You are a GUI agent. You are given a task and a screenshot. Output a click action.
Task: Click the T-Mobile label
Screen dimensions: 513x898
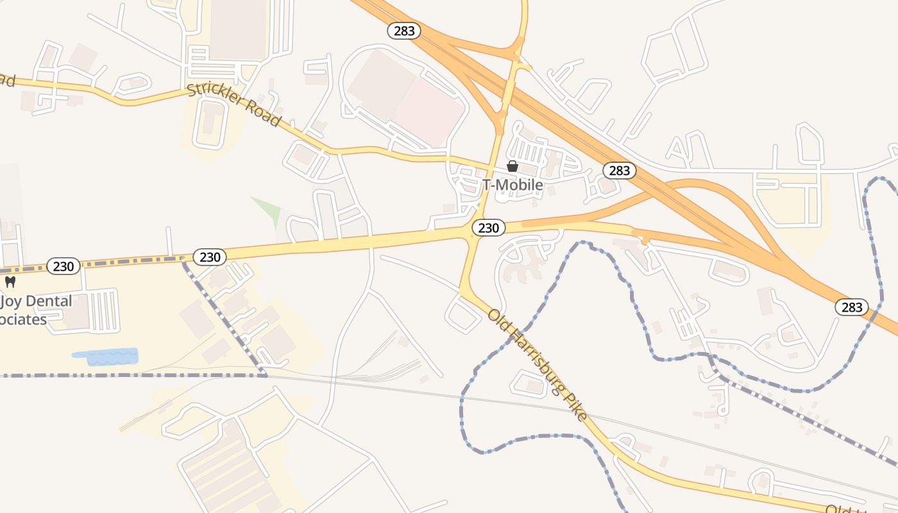[x=513, y=185]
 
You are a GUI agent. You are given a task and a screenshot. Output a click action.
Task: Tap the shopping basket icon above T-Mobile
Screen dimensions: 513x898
[x=513, y=167]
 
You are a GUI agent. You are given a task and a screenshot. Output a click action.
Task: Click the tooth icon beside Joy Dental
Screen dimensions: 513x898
[x=10, y=282]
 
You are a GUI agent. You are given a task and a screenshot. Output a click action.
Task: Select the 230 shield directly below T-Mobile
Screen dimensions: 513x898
[x=488, y=228]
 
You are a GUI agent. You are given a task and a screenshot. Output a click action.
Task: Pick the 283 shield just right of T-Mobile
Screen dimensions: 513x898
[x=619, y=171]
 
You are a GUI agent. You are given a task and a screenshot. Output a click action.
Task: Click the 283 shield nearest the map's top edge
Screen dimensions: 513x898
[x=403, y=30]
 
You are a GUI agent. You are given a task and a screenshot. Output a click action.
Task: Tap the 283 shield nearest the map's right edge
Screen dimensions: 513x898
[x=851, y=307]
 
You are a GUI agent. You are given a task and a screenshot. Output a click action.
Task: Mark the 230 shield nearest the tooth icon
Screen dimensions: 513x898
[x=64, y=265]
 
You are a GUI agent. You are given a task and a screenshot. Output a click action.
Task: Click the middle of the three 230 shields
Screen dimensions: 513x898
[x=210, y=257]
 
